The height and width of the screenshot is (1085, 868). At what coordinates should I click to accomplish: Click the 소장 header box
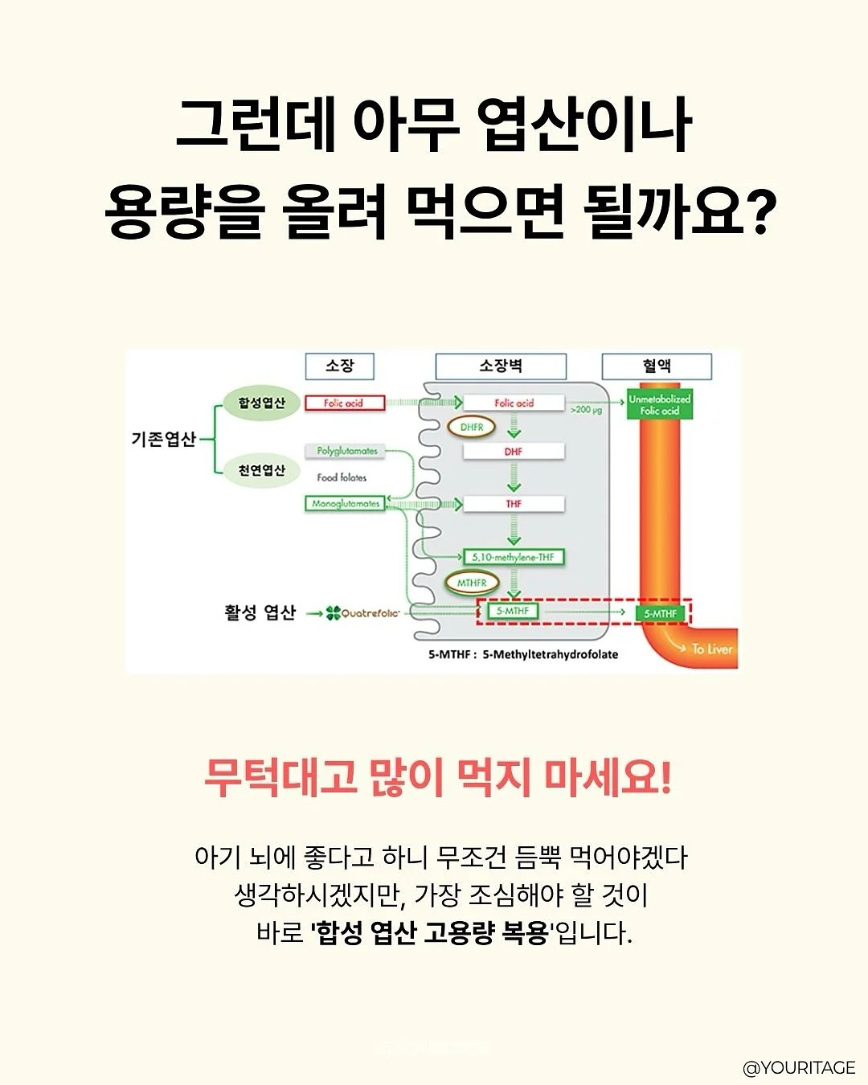coord(339,366)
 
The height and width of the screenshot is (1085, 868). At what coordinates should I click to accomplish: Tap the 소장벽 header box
coord(501,366)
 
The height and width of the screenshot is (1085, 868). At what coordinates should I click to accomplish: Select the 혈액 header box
coord(657,366)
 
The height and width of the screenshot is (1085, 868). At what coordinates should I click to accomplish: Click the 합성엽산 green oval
coord(262,403)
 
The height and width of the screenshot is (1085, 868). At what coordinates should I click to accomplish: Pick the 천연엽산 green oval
coord(262,470)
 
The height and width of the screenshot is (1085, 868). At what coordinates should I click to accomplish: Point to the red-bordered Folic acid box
coord(345,403)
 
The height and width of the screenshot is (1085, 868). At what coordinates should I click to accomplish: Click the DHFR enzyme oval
coord(472,427)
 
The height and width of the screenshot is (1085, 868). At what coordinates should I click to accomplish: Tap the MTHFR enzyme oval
coord(472,583)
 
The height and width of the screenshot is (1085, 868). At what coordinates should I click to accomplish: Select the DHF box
coord(514,451)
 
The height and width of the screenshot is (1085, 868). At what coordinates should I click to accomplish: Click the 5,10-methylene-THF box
coord(514,557)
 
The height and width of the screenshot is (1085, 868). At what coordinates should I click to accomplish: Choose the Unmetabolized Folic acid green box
coord(660,404)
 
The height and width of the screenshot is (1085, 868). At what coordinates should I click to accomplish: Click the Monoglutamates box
coord(346,503)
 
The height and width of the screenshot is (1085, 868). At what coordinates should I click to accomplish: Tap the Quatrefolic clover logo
coord(333,613)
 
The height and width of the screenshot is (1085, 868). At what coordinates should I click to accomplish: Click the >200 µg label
coord(586,410)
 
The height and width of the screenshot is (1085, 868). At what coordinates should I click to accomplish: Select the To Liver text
coord(712,649)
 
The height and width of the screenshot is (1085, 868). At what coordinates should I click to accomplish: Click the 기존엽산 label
coord(163,439)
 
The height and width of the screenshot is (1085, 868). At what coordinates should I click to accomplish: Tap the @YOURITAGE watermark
coord(799,1067)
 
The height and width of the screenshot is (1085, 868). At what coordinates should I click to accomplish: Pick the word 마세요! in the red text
coord(608,780)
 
